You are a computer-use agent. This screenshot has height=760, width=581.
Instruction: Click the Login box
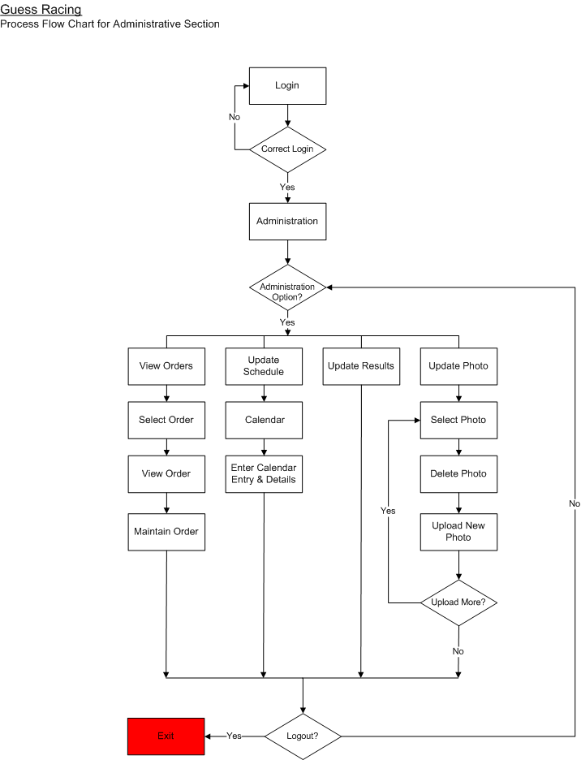click(x=287, y=86)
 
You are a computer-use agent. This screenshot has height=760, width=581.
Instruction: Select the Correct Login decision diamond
click(x=287, y=149)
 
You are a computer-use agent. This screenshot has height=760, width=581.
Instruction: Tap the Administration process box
click(x=287, y=221)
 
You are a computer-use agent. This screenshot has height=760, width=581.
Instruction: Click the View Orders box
click(x=166, y=366)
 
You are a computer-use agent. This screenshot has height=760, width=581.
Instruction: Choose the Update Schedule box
click(x=264, y=366)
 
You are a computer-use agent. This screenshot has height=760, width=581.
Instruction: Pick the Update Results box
click(x=361, y=366)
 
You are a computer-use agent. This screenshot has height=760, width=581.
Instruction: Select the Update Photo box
click(x=458, y=366)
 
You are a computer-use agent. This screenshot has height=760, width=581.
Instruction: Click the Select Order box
click(x=166, y=420)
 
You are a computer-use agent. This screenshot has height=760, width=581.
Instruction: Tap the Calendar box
click(x=264, y=420)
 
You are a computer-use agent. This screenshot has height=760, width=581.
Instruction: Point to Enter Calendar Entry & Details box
click(x=264, y=473)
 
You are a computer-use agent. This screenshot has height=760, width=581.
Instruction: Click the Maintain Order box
click(x=166, y=532)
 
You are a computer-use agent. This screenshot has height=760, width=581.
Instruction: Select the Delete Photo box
click(x=458, y=473)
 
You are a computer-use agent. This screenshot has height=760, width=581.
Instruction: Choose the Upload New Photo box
click(x=458, y=532)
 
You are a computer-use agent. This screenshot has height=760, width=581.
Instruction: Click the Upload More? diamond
click(x=458, y=602)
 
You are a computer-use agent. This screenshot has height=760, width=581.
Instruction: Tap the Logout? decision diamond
click(x=303, y=736)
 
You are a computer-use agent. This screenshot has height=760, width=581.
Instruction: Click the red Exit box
click(x=166, y=736)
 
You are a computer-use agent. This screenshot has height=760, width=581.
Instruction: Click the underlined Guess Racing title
click(x=41, y=10)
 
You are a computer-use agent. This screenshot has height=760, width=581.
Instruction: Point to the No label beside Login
click(x=235, y=117)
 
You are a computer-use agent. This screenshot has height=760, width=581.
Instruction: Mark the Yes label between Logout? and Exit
click(x=234, y=736)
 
